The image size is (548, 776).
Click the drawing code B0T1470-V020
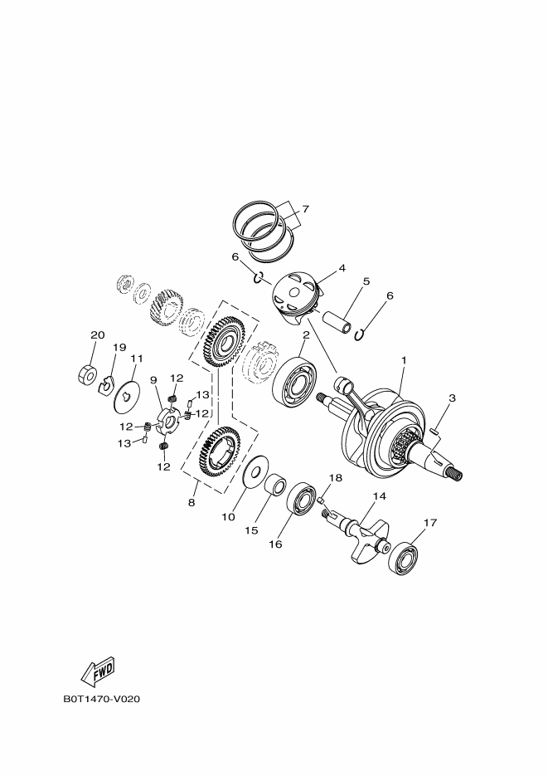coord(101,700)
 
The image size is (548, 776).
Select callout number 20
coord(98,335)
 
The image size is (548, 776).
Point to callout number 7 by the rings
coord(305,209)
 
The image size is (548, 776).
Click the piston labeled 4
coord(295,296)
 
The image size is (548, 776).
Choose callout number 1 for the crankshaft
coord(404,360)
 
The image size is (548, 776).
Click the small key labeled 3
coord(435,430)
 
